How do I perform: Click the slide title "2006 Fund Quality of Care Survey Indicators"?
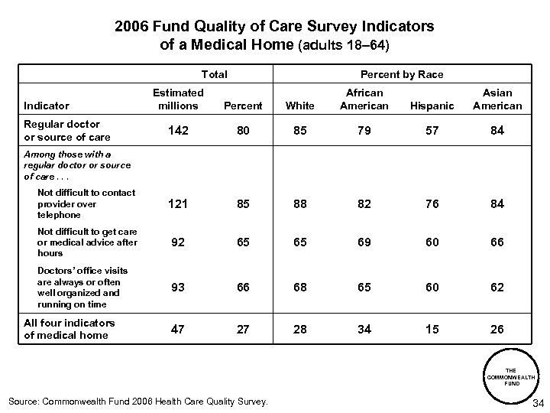pyautogui.click(x=274, y=26)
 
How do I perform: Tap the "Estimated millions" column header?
pyautogui.click(x=177, y=99)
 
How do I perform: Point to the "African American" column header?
pyautogui.click(x=364, y=99)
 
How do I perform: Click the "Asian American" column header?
pyautogui.click(x=498, y=99)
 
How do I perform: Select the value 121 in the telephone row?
pyautogui.click(x=177, y=204)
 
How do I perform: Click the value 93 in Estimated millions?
pyautogui.click(x=177, y=287)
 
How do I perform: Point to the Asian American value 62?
pyautogui.click(x=498, y=287)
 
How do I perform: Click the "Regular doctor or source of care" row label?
pyautogui.click(x=67, y=130)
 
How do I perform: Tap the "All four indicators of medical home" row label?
pyautogui.click(x=70, y=329)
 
